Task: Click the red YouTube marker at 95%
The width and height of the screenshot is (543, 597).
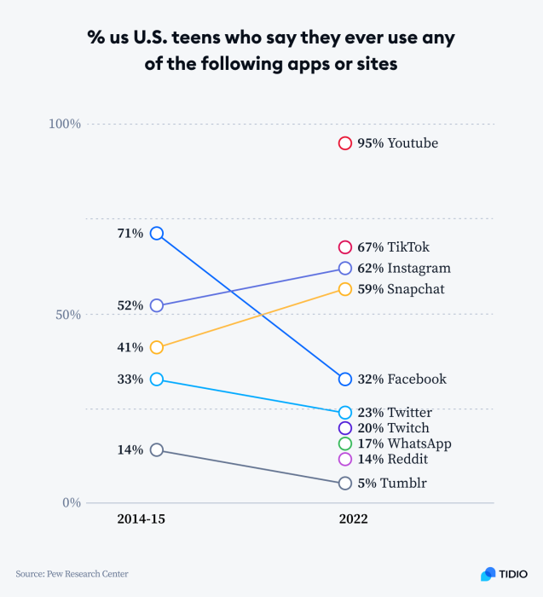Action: [345, 143]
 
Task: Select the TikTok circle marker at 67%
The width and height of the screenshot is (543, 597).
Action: [345, 247]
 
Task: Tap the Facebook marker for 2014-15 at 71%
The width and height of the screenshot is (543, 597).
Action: [157, 233]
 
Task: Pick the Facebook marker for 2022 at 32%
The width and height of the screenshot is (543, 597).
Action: [345, 380]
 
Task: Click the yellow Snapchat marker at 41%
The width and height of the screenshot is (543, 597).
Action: [157, 347]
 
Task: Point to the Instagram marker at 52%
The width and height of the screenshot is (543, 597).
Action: [157, 305]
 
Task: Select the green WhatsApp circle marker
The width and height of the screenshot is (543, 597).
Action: [345, 443]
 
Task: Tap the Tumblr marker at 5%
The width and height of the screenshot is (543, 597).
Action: [345, 484]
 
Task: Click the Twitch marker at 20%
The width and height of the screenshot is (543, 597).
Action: [345, 428]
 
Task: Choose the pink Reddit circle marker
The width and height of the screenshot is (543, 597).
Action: [345, 459]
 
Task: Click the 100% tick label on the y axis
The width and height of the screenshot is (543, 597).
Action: [64, 124]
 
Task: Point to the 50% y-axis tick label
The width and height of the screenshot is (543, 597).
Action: [67, 315]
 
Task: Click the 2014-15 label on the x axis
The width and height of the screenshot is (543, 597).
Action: [141, 519]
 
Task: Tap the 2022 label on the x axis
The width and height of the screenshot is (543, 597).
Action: [353, 519]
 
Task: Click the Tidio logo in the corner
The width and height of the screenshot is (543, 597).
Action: [504, 574]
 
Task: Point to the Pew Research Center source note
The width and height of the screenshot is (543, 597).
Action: [72, 574]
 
